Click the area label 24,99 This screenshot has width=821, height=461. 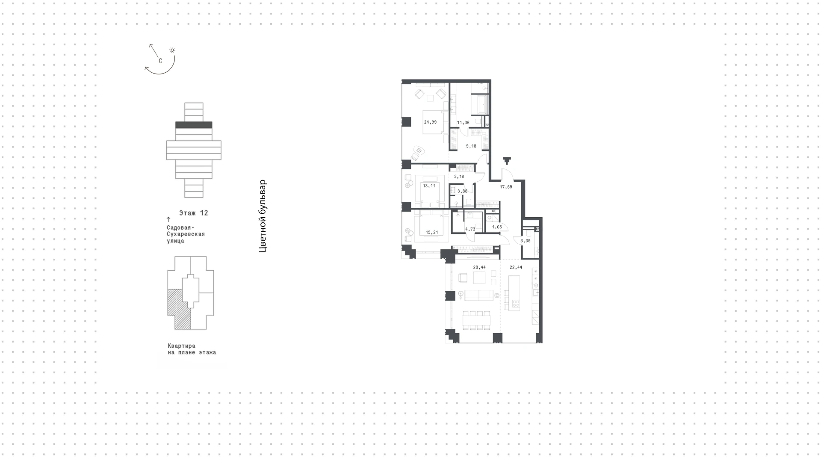430,122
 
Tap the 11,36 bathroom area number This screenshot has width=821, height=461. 463,123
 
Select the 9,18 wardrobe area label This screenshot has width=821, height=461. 471,146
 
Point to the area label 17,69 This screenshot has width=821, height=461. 506,187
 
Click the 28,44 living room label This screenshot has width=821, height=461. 479,267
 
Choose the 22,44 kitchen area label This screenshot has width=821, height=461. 516,267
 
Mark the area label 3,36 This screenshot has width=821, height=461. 526,241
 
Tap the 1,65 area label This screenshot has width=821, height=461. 497,227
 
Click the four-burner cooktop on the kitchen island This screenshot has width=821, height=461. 515,304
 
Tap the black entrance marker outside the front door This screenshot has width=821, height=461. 507,161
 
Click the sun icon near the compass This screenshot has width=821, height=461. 172,50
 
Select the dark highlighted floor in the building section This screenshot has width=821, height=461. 194,125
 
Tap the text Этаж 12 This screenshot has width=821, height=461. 194,213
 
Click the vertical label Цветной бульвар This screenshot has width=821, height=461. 263,216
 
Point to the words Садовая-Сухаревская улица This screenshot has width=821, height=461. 186,234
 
